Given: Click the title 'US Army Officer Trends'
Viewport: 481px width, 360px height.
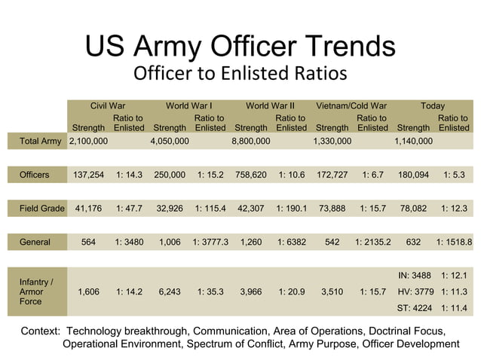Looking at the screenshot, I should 240,47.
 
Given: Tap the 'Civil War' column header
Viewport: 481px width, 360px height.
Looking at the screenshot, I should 108,106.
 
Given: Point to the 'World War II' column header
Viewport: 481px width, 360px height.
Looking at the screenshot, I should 270,106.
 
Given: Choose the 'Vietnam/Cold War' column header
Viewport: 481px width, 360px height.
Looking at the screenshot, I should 351,106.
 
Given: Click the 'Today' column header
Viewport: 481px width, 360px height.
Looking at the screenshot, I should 433,106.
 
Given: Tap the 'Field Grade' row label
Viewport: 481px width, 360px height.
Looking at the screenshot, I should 42,208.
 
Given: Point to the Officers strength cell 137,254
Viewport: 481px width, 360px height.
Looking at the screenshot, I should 88,175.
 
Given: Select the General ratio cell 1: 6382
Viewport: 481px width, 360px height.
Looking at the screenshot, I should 291,242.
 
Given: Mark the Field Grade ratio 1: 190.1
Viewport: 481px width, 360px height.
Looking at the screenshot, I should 291,208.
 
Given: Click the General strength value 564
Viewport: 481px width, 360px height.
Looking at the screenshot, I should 88,242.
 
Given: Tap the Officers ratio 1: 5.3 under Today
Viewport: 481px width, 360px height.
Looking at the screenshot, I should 454,175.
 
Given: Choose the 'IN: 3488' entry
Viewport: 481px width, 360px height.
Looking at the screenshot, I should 414,276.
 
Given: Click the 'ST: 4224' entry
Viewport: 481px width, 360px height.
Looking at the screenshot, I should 414,308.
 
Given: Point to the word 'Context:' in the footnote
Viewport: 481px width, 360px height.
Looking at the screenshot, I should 41,331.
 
